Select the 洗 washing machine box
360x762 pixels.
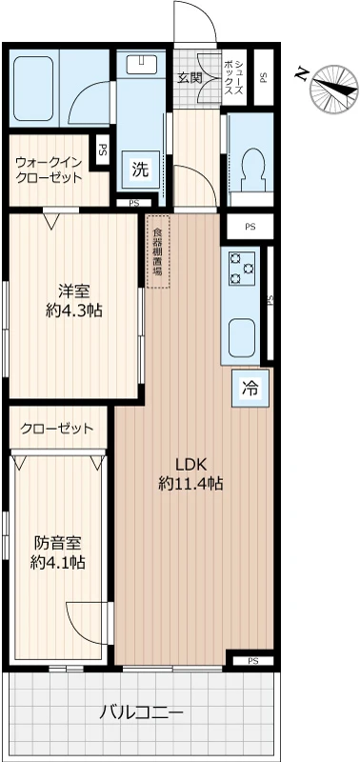coord(139,171)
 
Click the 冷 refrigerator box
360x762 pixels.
coord(250,388)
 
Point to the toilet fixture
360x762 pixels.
coord(252,169)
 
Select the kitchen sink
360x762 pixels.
coord(241,336)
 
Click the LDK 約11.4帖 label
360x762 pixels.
coord(190,474)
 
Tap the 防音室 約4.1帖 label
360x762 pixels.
coord(58,553)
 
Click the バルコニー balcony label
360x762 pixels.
coord(142,712)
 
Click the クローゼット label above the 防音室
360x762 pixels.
coord(57,429)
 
